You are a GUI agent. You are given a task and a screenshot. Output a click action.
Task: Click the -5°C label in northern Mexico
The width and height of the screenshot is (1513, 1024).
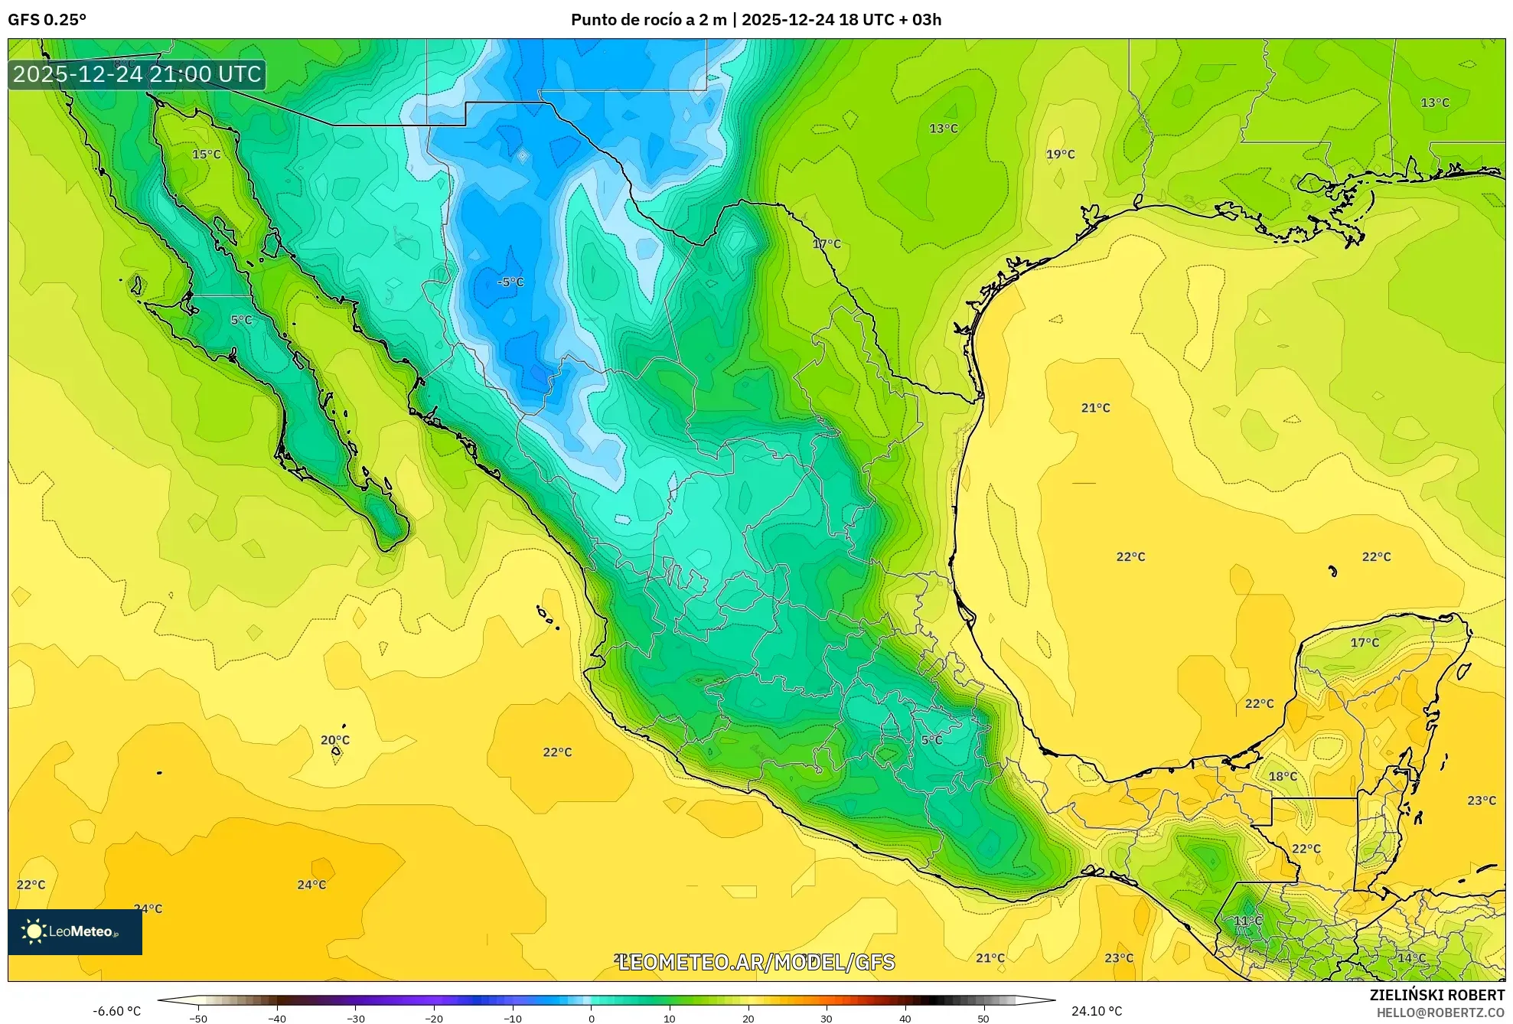[510, 282]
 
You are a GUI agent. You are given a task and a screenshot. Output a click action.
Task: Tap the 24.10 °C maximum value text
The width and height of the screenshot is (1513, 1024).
[1096, 1011]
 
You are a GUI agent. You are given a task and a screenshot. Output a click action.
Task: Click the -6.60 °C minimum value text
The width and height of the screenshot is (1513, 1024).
[117, 1011]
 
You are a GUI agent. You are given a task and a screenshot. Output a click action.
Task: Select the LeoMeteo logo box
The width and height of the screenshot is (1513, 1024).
[75, 931]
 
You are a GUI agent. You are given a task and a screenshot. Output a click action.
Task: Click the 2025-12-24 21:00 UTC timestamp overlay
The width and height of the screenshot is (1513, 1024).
[137, 74]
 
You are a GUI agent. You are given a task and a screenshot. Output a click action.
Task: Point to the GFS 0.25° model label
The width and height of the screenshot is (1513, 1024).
[47, 20]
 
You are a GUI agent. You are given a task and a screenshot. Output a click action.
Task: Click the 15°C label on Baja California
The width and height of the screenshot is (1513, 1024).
[206, 155]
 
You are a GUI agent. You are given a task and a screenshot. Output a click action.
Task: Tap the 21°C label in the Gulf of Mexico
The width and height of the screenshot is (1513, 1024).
[1095, 408]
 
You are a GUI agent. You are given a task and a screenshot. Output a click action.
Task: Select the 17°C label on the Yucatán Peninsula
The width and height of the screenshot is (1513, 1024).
[1365, 643]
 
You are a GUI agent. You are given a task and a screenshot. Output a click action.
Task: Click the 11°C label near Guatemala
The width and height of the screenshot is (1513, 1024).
[1247, 921]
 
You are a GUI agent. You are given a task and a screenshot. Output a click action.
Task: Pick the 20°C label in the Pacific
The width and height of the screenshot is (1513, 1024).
[334, 740]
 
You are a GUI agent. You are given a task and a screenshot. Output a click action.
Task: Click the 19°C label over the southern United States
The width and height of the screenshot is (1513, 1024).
[1060, 155]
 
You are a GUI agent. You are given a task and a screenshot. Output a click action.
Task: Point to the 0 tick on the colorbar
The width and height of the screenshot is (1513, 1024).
[591, 1019]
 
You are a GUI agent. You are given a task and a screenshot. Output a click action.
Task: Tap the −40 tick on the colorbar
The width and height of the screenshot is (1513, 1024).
[277, 1019]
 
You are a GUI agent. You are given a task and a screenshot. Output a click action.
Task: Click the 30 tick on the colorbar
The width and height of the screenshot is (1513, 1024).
[827, 1019]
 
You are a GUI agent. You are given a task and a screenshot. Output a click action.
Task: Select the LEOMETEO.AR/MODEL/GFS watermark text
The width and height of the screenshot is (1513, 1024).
[756, 962]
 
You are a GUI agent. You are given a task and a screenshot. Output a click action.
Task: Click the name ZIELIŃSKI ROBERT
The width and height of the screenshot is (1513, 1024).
[1436, 995]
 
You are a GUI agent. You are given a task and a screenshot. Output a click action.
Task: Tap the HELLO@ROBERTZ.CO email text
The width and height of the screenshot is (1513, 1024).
[1440, 1013]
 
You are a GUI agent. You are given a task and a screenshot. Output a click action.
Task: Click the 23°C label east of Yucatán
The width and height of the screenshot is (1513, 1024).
[1481, 801]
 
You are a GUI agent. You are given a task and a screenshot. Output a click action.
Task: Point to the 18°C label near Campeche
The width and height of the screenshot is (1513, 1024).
[1283, 776]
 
